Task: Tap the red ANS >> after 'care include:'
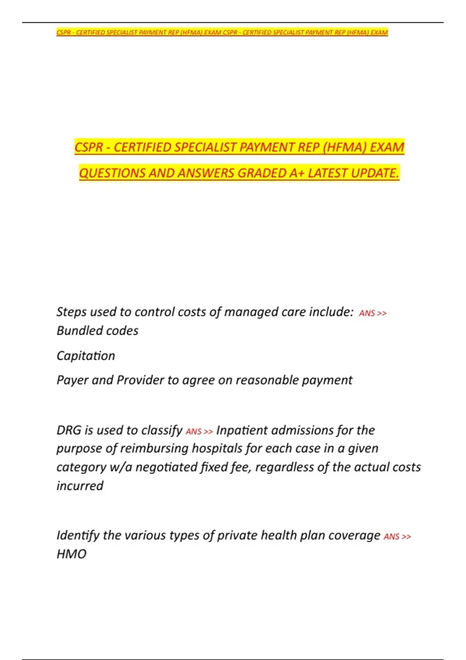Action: tap(372, 313)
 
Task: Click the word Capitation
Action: tap(86, 356)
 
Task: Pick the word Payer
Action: tap(72, 380)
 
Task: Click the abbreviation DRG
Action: tap(69, 430)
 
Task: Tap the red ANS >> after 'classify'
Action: tap(199, 432)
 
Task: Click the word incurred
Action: tap(80, 486)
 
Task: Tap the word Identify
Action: tap(78, 535)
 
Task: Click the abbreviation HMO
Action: tap(71, 554)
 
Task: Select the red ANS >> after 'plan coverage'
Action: tap(397, 537)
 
